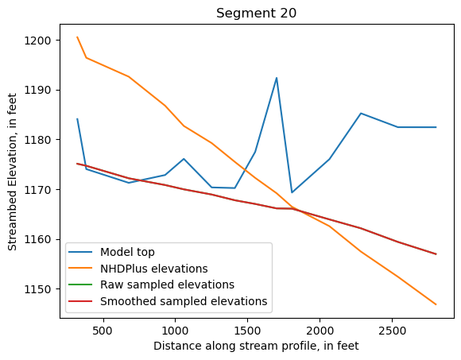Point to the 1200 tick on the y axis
[x=40, y=41]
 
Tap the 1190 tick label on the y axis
[x=40, y=91]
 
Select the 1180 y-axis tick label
[x=40, y=140]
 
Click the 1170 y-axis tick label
[x=40, y=190]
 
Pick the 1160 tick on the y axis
[x=40, y=239]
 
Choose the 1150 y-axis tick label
[x=40, y=289]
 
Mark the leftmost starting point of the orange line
[x=77, y=37]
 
